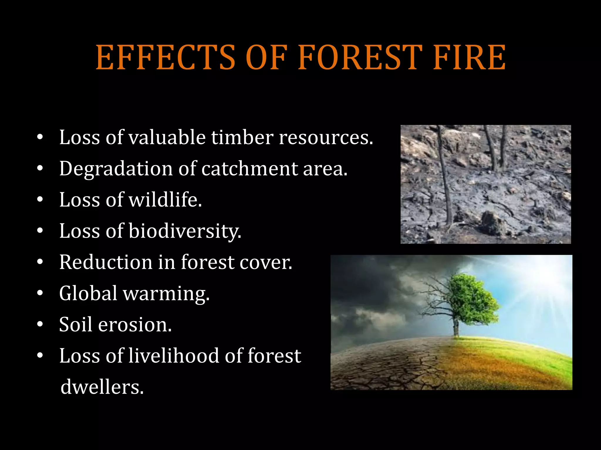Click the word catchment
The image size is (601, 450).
tap(249, 169)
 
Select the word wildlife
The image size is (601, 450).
tap(165, 200)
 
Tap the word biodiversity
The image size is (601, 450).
tap(185, 231)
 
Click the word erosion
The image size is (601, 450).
tap(135, 325)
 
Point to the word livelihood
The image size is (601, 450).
tap(174, 356)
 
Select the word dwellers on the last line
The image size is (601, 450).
tap(102, 387)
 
